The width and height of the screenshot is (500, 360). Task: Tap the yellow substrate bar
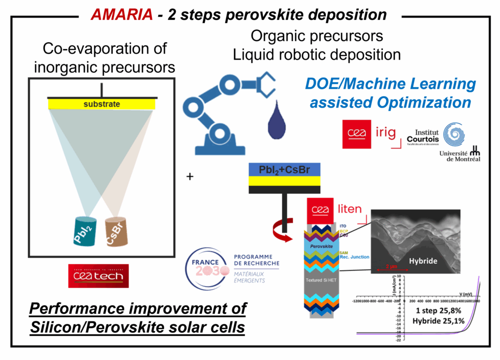pos(102,104)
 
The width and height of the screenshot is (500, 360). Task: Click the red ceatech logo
pos(99,276)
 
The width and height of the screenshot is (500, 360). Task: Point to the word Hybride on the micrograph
pos(423,261)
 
